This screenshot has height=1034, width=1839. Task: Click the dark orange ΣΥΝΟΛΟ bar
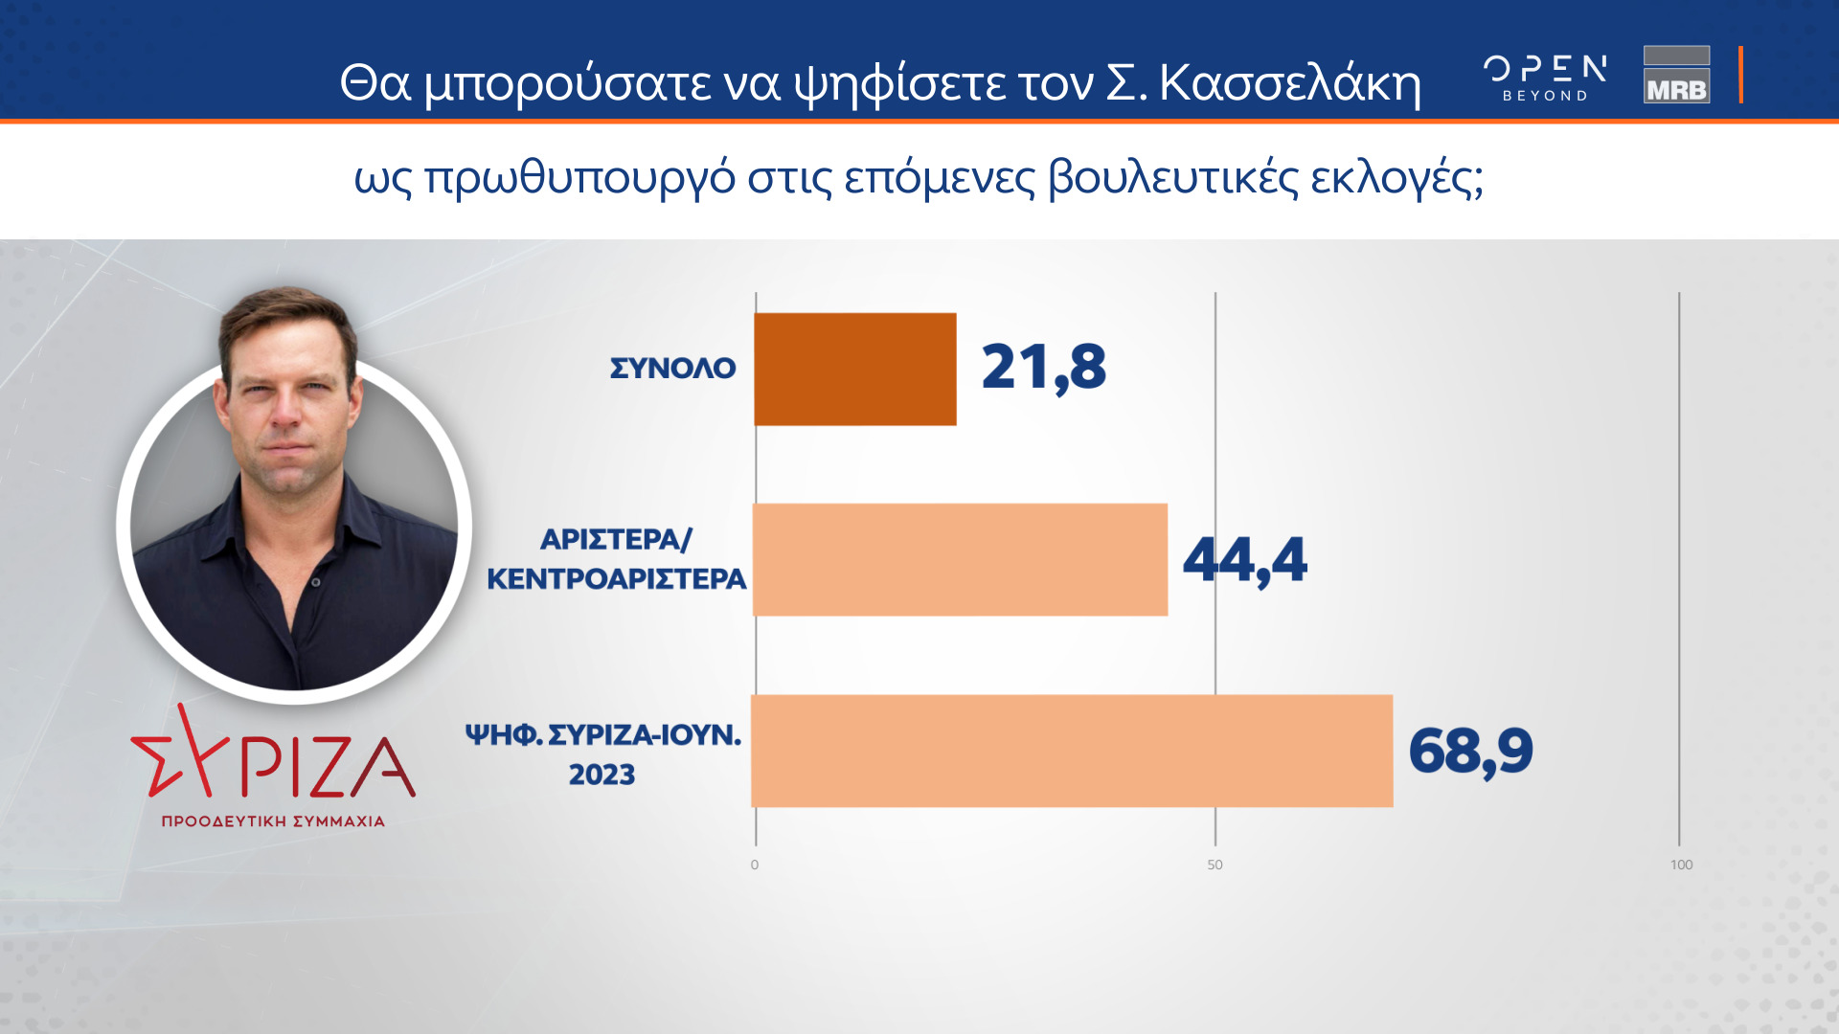[855, 370]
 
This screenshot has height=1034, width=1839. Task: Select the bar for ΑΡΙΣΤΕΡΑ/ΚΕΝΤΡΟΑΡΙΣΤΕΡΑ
[961, 560]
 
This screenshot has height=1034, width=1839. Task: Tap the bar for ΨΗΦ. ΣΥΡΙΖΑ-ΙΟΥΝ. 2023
[1072, 752]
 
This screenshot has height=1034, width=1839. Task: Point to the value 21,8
[1044, 368]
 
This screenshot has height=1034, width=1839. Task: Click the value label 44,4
[1245, 560]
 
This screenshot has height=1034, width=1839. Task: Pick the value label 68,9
[1471, 752]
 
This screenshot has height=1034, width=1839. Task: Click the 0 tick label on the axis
[755, 865]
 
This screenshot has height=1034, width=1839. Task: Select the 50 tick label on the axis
[1215, 865]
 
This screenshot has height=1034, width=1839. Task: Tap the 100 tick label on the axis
[1682, 865]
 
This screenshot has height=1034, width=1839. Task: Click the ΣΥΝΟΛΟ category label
[673, 369]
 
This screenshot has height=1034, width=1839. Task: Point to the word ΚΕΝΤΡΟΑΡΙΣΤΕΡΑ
[617, 579]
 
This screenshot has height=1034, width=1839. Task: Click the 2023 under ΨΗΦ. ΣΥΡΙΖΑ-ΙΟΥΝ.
[602, 775]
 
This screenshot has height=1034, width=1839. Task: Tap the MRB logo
[1677, 75]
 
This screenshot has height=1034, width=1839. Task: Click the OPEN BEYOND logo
[1545, 78]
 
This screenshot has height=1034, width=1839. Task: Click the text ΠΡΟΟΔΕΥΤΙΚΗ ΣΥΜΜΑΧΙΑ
[273, 821]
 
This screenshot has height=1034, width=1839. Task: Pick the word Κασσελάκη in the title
[1290, 83]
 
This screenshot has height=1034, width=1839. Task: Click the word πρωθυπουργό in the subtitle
[580, 178]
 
